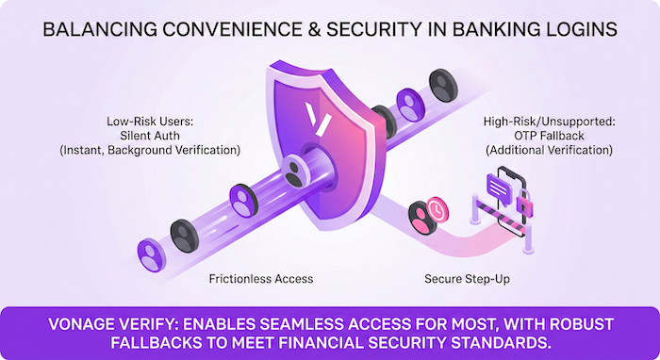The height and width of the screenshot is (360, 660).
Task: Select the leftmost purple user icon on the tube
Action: tap(149, 252)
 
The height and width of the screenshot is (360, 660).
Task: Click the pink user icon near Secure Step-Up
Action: tap(421, 217)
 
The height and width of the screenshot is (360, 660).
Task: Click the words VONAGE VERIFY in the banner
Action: tap(104, 324)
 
